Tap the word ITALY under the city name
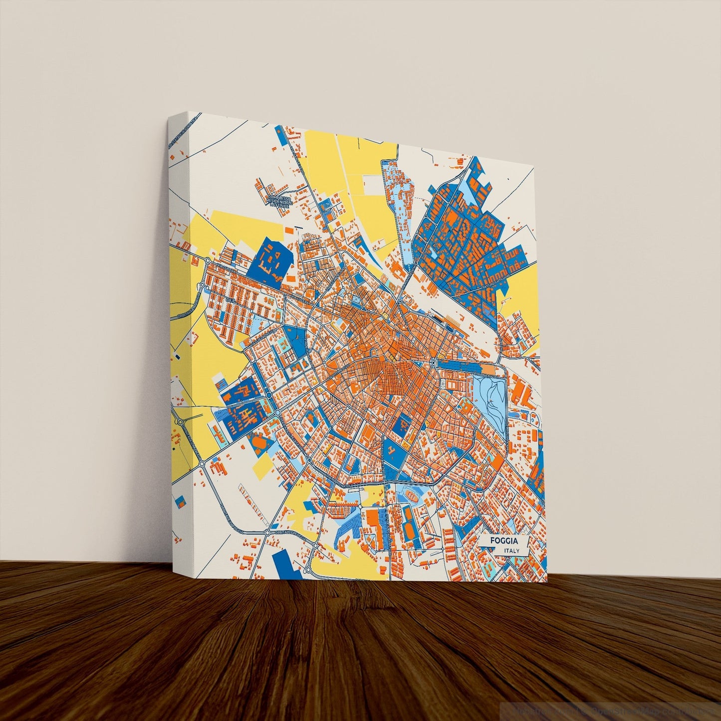pos(511,551)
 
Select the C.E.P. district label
pos(230,300)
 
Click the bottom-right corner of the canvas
pos(547,582)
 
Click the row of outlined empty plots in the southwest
pos(249,499)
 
